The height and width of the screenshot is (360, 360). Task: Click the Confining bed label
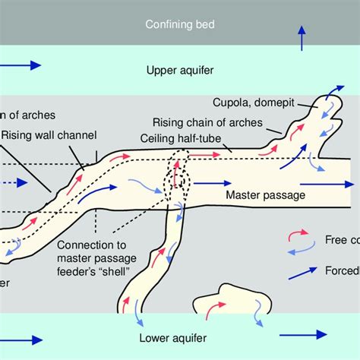point(179,24)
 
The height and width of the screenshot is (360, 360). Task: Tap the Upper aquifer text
point(179,71)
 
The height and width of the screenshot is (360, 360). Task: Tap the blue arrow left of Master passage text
point(210,183)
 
